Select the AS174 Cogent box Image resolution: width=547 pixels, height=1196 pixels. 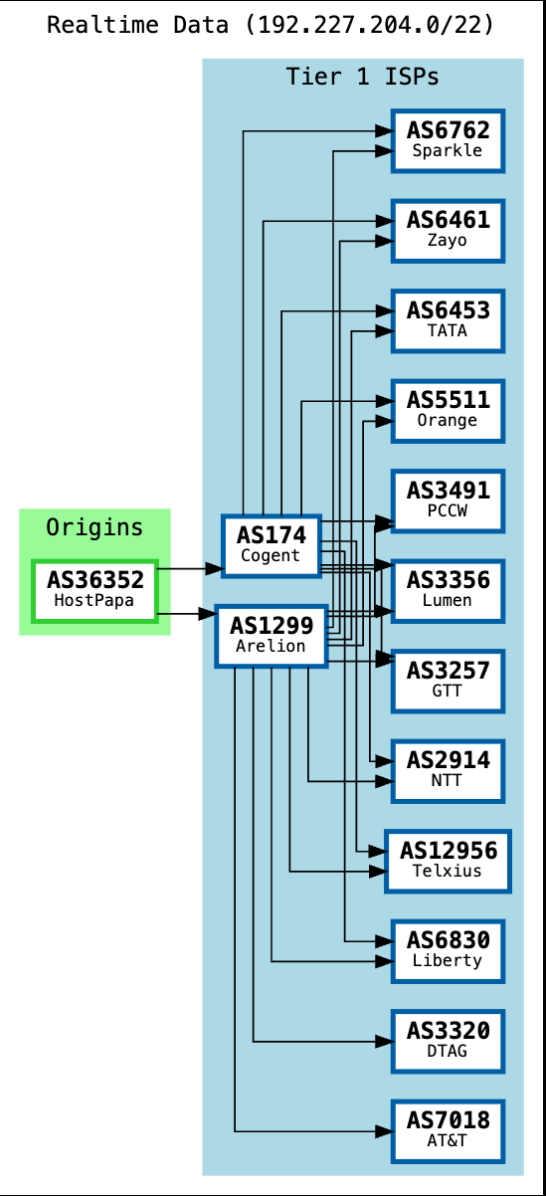click(270, 545)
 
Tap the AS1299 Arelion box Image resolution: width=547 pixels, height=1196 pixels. click(272, 636)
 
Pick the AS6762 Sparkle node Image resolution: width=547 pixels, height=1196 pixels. click(448, 140)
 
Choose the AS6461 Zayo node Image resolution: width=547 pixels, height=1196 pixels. click(448, 230)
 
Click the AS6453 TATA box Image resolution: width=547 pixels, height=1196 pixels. click(448, 320)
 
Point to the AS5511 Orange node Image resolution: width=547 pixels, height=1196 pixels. click(448, 410)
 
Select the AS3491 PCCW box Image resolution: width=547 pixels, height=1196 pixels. click(448, 500)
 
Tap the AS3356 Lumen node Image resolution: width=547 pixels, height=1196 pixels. click(448, 590)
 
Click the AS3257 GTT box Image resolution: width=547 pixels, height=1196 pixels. click(448, 681)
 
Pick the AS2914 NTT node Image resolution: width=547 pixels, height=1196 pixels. click(448, 770)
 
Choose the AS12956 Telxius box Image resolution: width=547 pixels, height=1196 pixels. click(448, 861)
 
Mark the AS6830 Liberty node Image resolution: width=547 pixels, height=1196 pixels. click(448, 950)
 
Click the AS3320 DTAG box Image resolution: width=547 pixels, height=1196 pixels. click(448, 1041)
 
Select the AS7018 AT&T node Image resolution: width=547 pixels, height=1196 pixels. click(448, 1130)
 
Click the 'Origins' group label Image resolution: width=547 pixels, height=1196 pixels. click(94, 527)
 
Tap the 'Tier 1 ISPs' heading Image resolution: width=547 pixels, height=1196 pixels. click(362, 77)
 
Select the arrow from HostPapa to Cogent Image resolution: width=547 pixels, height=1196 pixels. click(189, 569)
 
